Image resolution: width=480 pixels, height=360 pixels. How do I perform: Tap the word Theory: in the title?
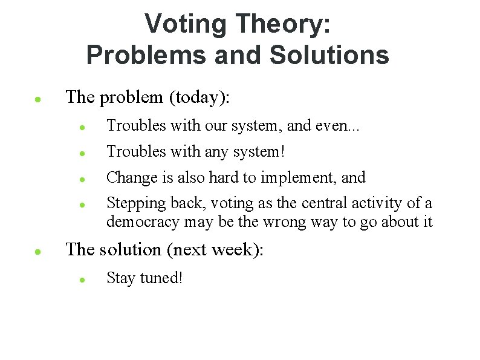click(x=283, y=24)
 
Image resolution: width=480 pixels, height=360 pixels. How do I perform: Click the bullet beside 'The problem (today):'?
click(x=37, y=98)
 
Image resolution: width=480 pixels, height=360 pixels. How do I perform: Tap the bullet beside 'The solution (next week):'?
click(x=37, y=250)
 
